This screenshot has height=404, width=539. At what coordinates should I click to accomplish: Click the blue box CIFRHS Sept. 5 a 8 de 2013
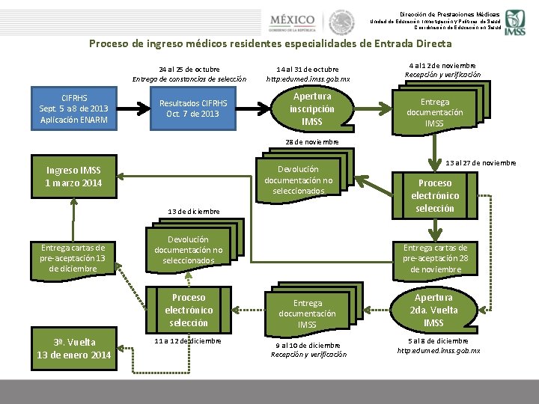(74, 108)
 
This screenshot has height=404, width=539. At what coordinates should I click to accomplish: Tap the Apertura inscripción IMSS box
(311, 108)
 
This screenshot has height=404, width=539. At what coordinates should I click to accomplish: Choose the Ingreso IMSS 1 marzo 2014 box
(73, 176)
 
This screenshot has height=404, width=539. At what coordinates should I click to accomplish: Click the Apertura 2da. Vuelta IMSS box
(433, 310)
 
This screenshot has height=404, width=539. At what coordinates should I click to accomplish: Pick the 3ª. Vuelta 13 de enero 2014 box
(73, 348)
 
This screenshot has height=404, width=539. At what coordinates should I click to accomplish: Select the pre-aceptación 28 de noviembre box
(435, 258)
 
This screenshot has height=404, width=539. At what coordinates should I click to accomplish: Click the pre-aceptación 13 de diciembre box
(73, 258)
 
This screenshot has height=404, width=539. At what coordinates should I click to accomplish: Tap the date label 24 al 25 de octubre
(189, 69)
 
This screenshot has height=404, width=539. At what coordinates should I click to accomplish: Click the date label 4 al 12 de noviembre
(442, 64)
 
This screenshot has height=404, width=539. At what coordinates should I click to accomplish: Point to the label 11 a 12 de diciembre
(188, 340)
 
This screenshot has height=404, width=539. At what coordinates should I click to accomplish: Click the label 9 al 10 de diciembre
(308, 345)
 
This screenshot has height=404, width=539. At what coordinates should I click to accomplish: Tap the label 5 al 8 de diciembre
(438, 340)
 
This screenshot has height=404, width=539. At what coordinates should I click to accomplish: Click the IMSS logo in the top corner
(514, 22)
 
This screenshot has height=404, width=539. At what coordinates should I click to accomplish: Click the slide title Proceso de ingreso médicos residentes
(270, 43)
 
